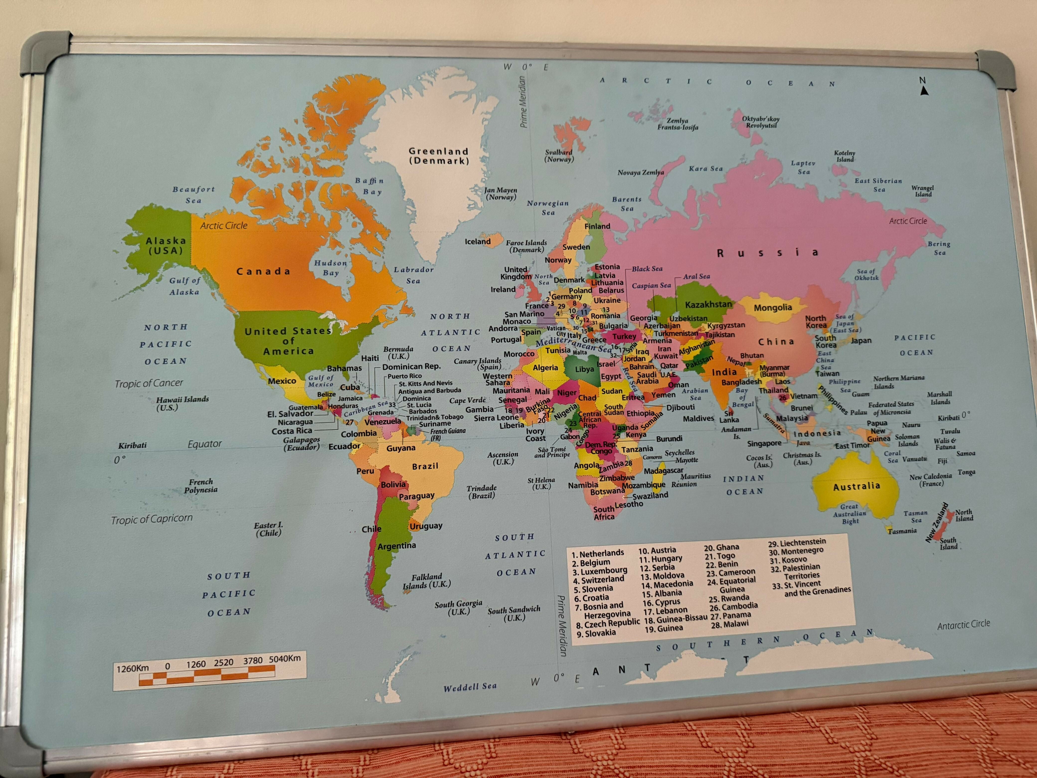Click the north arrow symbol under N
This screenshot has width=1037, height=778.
pyautogui.click(x=924, y=91)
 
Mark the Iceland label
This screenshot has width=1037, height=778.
pyautogui.click(x=477, y=242)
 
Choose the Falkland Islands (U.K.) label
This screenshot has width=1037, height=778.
pyautogui.click(x=427, y=581)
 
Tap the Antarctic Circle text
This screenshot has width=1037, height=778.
pyautogui.click(x=963, y=624)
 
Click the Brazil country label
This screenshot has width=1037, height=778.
pyautogui.click(x=425, y=466)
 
